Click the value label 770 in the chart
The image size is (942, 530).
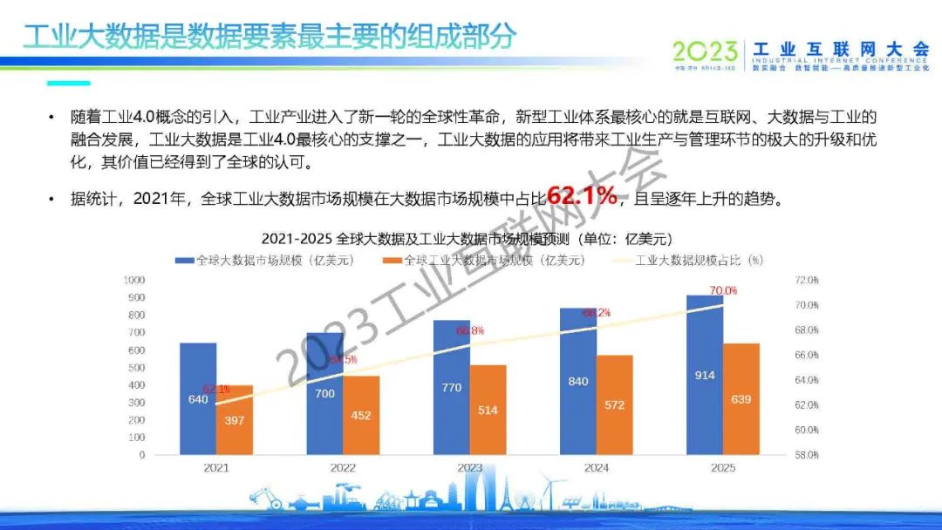(x=451, y=387)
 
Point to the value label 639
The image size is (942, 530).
(x=741, y=399)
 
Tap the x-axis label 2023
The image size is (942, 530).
(x=469, y=468)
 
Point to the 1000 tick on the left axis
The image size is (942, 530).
(x=133, y=280)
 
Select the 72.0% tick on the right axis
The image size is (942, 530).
(x=807, y=281)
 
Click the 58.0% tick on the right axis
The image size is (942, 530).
(x=807, y=455)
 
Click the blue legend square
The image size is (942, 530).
(x=184, y=260)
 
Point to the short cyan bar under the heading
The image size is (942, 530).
(x=68, y=84)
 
